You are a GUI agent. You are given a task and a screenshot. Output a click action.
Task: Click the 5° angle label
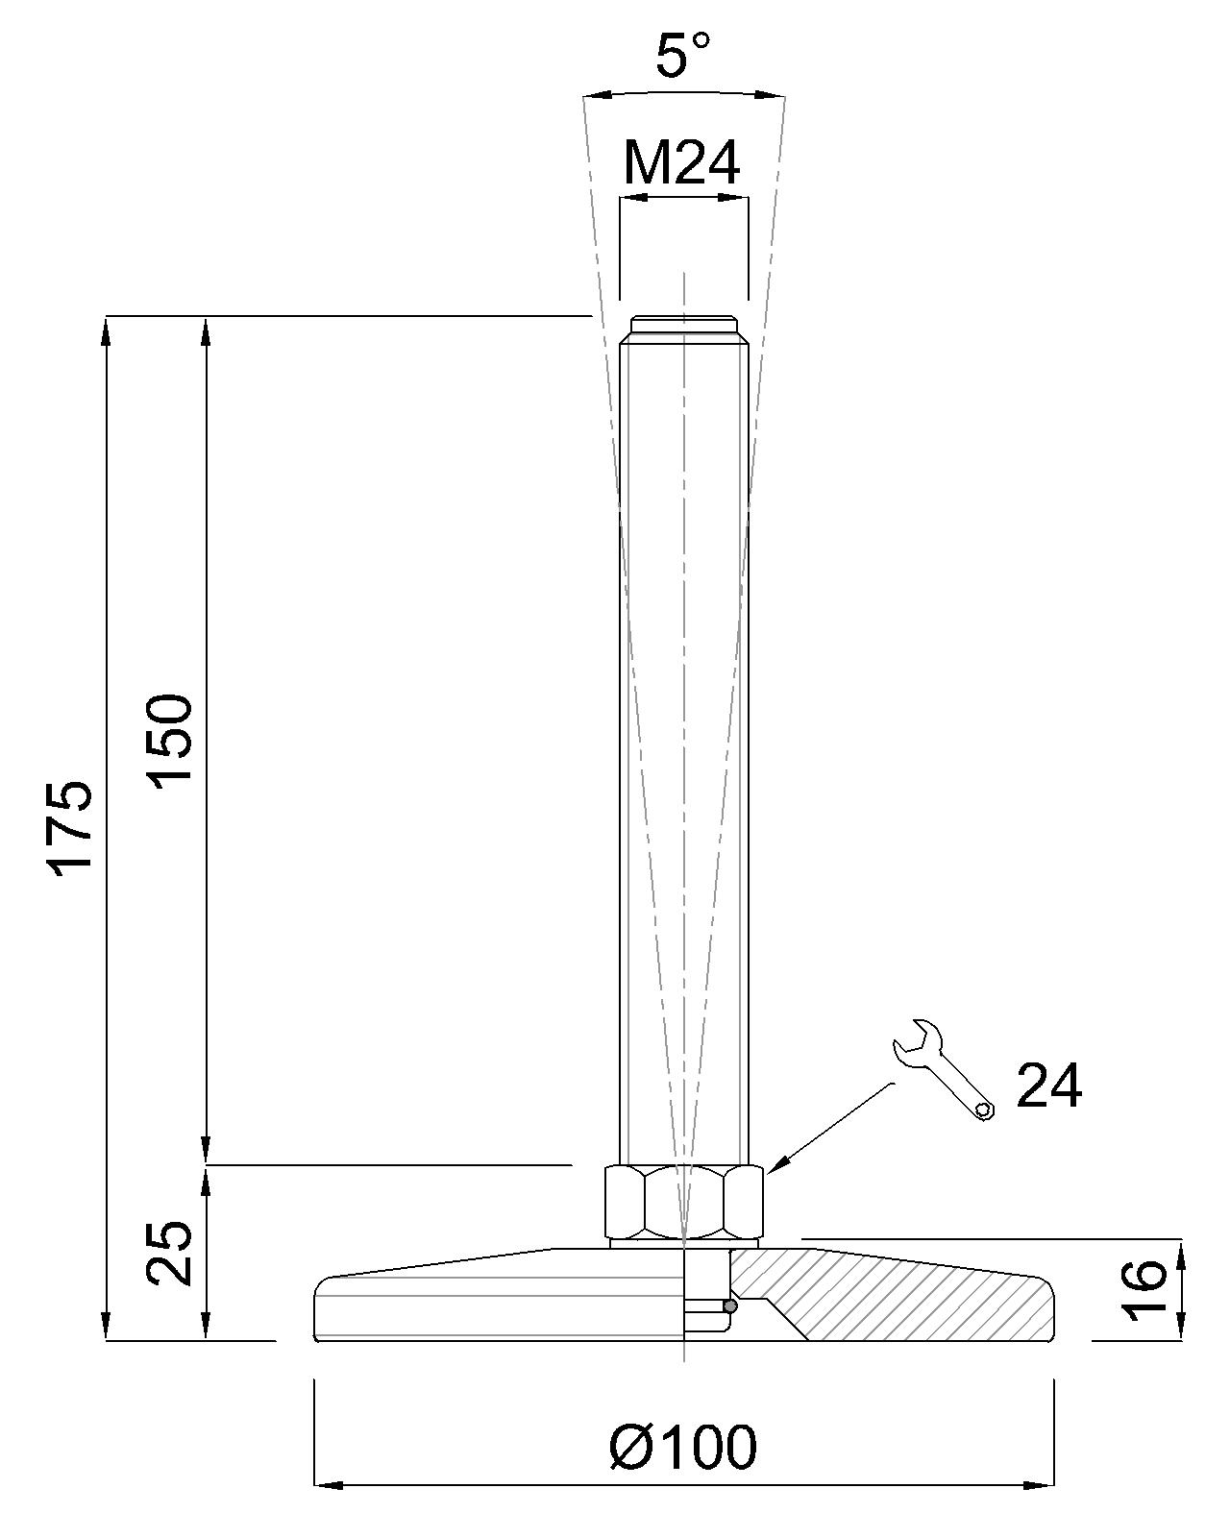[x=682, y=55]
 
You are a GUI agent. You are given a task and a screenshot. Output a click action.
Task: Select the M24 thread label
[x=681, y=163]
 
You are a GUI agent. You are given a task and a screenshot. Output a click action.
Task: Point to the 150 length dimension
[x=170, y=739]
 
